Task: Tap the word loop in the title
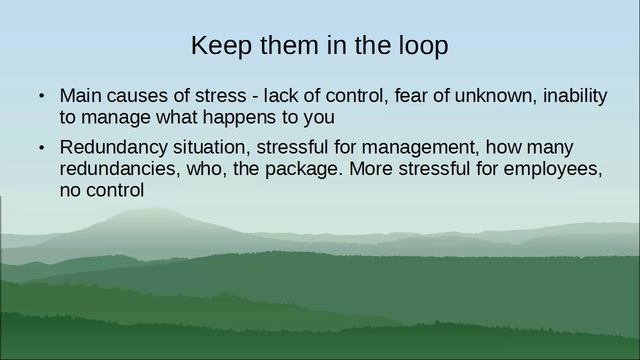click(x=424, y=46)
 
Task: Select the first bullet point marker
click(x=42, y=98)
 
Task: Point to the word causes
click(x=136, y=97)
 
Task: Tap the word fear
click(x=412, y=97)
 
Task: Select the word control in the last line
click(x=115, y=189)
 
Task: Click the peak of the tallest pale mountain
click(x=140, y=211)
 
